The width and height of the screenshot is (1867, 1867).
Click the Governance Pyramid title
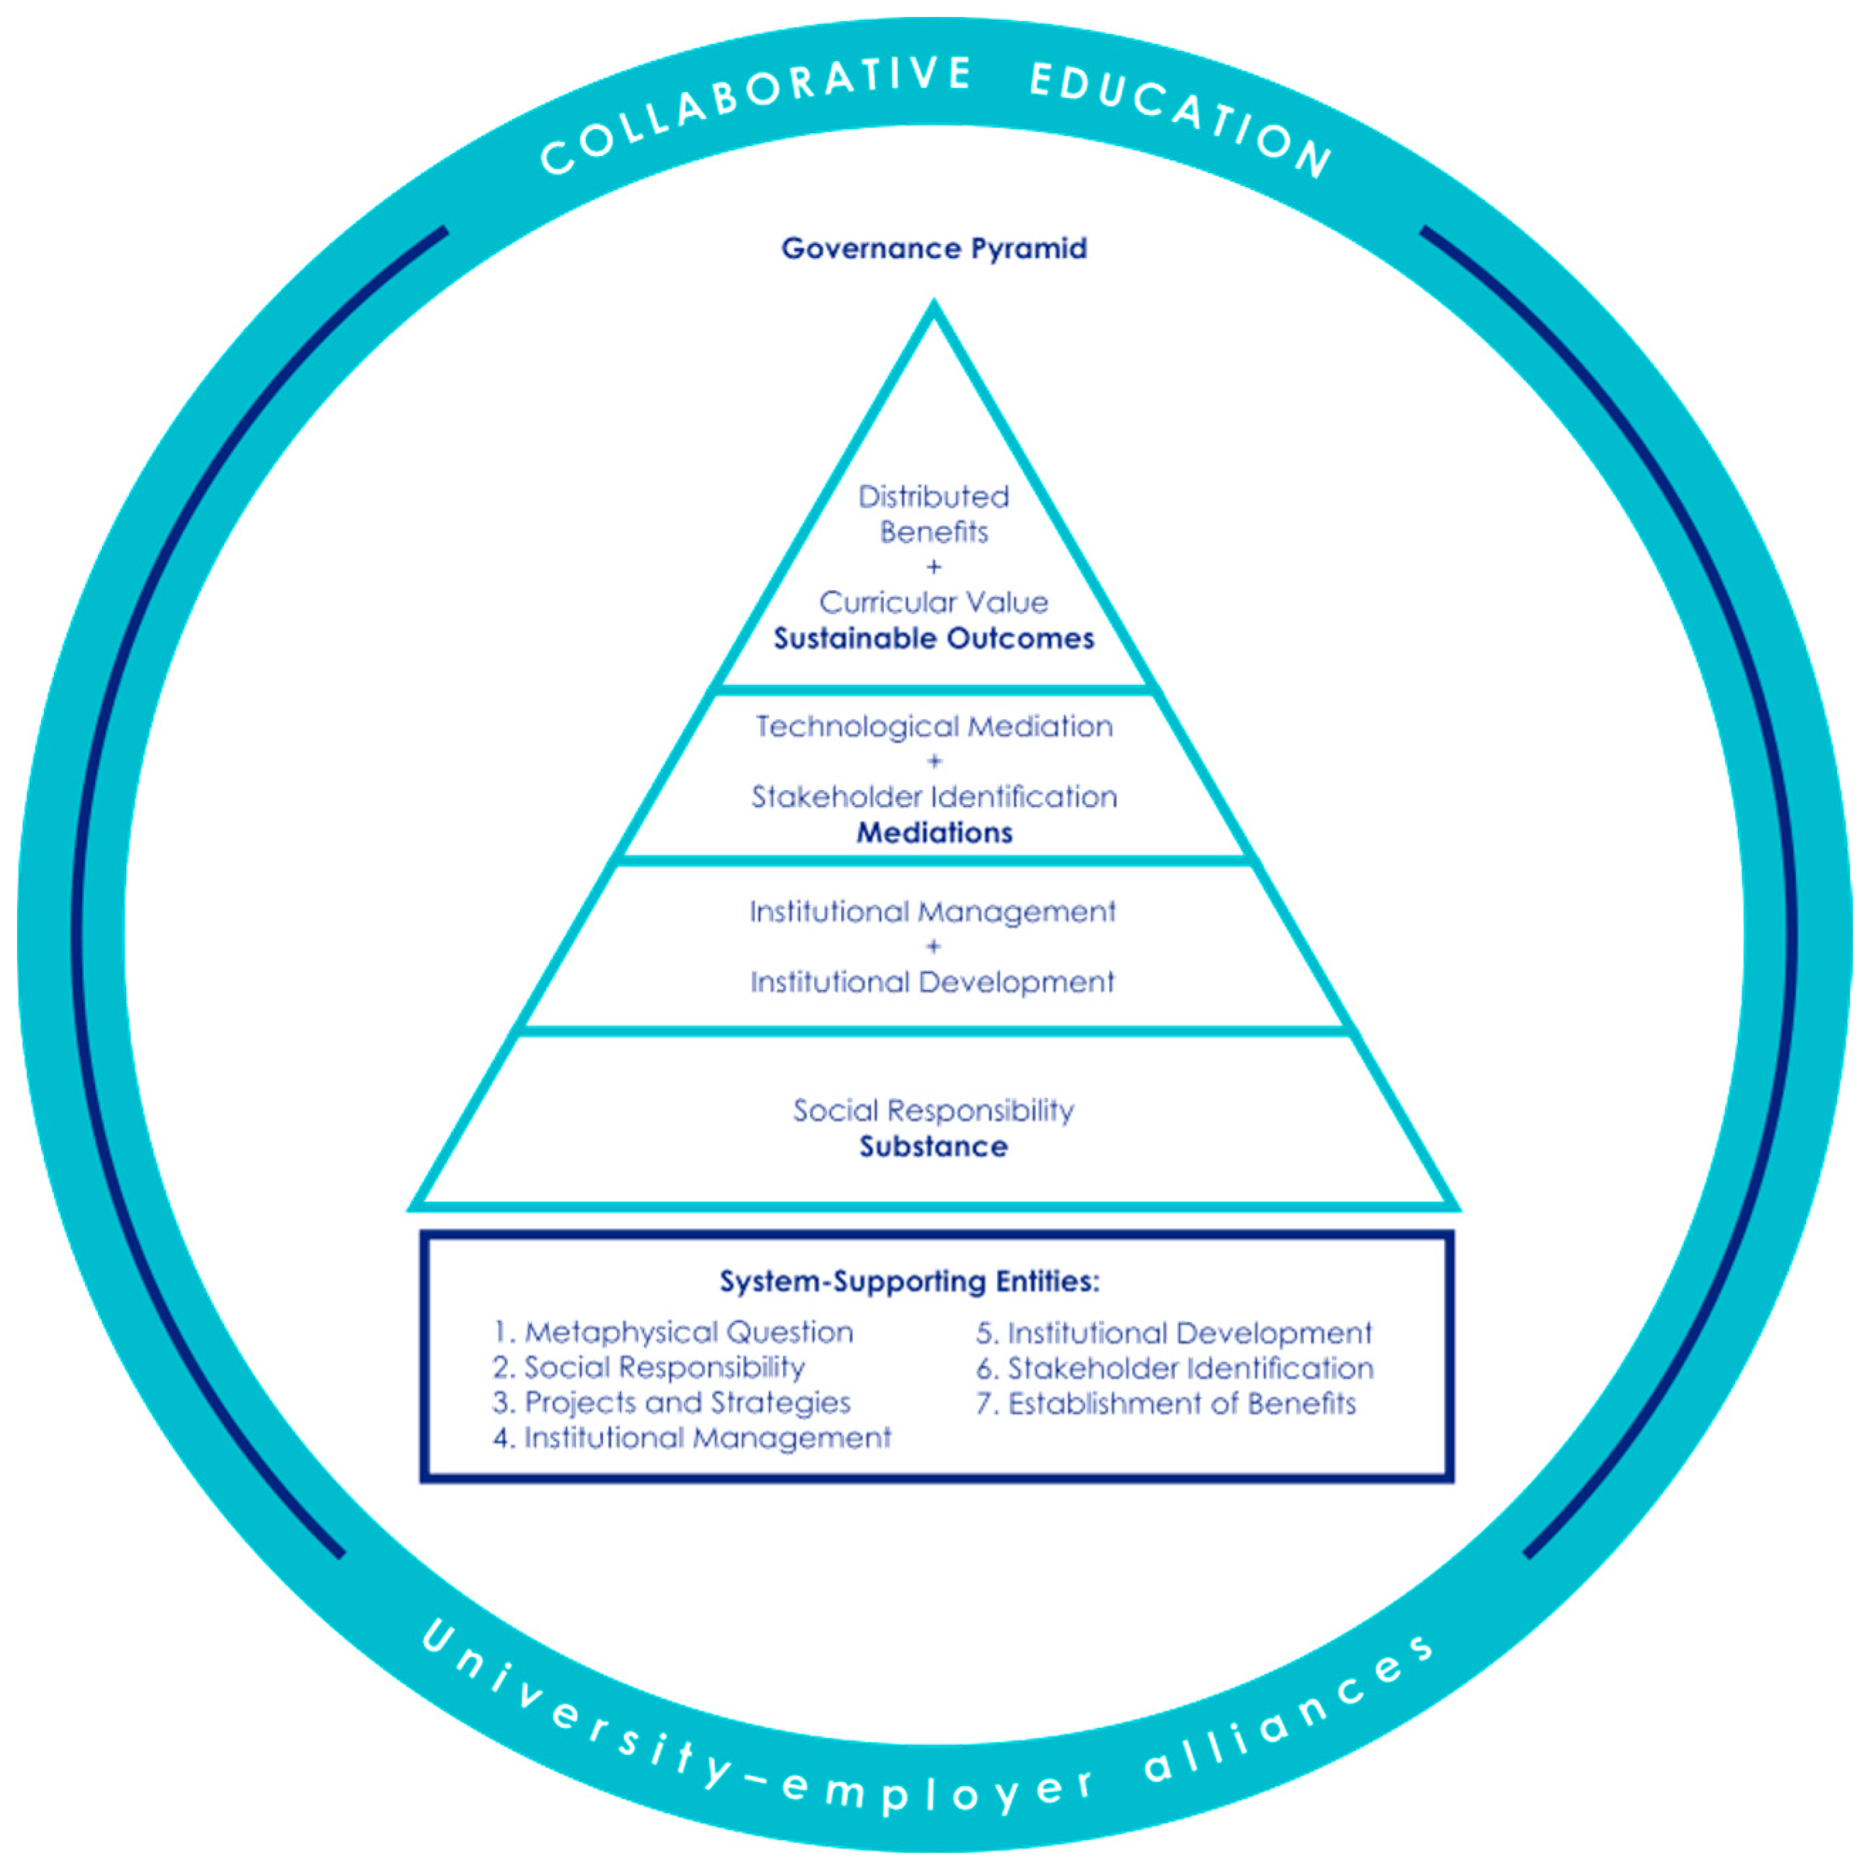(933, 248)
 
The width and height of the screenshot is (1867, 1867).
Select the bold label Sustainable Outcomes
(933, 639)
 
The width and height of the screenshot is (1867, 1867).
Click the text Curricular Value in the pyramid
(933, 602)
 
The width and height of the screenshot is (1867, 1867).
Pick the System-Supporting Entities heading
(909, 1281)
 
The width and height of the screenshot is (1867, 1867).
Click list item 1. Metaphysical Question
(673, 1332)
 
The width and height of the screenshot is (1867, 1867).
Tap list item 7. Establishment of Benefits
(1166, 1403)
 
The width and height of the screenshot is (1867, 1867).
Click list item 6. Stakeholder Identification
(1174, 1369)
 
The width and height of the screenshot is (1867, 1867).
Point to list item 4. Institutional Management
(691, 1438)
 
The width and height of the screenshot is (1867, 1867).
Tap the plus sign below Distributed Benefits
(933, 567)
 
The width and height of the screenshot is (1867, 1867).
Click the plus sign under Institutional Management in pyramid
(933, 947)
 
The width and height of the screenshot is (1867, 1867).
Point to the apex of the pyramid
(933, 307)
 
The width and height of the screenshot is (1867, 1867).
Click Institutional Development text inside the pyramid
(933, 982)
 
